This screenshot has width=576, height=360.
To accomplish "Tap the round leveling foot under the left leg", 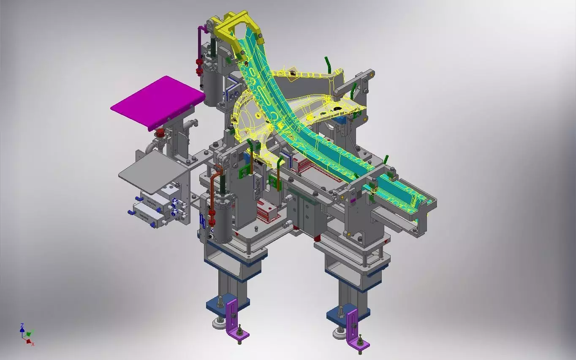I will pos(219,324).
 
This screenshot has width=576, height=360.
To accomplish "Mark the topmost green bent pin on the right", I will pos(327,63).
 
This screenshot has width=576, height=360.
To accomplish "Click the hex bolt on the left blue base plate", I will pos(220,302).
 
